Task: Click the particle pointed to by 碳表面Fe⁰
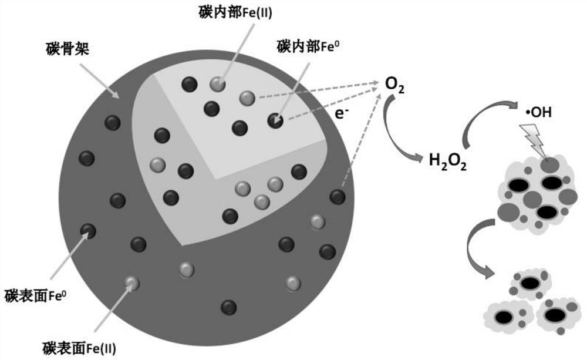coord(88,231)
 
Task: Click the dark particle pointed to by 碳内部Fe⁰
coord(275,120)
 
